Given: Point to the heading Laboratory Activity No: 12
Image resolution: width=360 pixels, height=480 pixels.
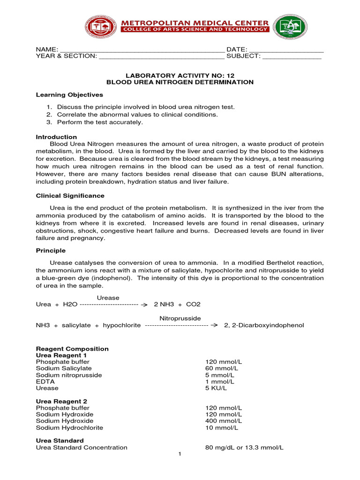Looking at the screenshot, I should coord(180,75).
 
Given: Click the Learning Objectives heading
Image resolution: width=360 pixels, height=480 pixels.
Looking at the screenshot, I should coord(69,95).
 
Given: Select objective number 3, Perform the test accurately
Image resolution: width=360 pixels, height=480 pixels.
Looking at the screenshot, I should coord(99,122).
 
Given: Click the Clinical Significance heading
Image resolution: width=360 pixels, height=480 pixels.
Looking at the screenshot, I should coord(70,195).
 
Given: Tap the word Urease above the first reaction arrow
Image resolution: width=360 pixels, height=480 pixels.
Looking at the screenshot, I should coord(108,298).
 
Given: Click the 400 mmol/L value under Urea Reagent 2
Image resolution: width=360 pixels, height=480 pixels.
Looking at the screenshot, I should coord(224,421).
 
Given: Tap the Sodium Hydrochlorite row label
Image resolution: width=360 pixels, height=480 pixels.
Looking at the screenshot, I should coord(69,427).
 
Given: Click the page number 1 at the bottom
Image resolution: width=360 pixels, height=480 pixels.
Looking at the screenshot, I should coord(180,454).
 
